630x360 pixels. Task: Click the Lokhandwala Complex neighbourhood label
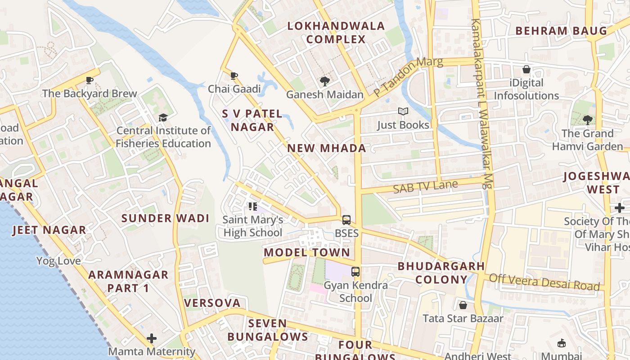tap(336, 32)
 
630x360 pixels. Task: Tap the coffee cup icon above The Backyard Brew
tap(90, 81)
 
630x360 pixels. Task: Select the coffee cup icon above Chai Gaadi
tap(234, 76)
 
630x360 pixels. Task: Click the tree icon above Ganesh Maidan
tap(324, 81)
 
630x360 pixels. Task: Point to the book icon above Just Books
tap(403, 111)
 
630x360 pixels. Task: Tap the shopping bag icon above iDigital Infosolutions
tap(526, 70)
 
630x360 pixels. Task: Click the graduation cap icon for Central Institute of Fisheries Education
tap(162, 117)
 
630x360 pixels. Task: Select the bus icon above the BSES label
tap(346, 220)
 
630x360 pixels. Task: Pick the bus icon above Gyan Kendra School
tap(355, 272)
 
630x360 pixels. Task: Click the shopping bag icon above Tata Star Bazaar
tap(463, 306)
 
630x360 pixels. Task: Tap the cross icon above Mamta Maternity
tap(152, 338)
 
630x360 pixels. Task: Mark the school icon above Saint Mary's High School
tap(252, 207)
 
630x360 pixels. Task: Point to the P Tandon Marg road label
tap(408, 76)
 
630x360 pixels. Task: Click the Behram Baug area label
tap(561, 31)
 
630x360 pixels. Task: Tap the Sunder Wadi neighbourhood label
tap(166, 219)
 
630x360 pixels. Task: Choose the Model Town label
tap(307, 252)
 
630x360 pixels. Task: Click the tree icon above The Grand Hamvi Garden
tap(587, 120)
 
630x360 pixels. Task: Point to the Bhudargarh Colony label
tap(441, 273)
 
